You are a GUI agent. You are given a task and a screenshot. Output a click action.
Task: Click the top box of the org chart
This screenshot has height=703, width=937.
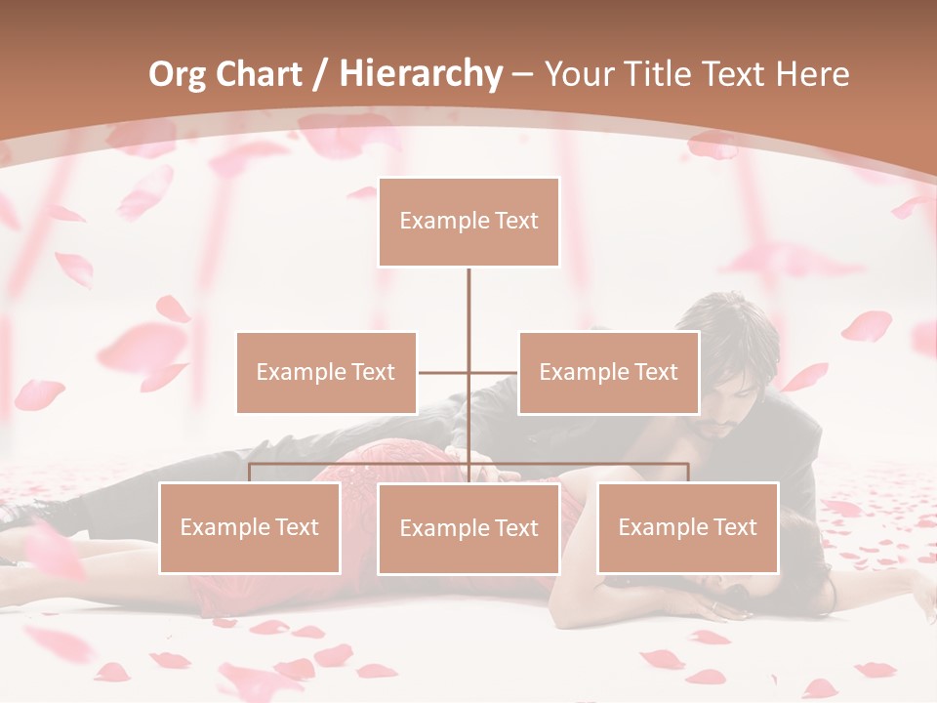(x=468, y=222)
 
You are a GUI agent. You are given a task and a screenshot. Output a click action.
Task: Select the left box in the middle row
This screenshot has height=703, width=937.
(x=326, y=372)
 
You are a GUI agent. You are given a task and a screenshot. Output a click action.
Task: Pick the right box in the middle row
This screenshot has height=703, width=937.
(x=608, y=372)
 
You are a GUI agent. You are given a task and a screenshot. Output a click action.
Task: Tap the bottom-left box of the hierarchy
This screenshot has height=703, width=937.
(x=249, y=528)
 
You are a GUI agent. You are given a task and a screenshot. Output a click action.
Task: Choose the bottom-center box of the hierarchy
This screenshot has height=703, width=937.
(x=468, y=528)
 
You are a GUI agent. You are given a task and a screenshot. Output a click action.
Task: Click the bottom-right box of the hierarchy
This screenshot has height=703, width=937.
(x=687, y=528)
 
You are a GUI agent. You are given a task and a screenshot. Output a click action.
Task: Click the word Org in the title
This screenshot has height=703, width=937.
(x=177, y=73)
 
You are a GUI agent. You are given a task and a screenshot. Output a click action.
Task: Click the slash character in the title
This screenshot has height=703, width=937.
(x=319, y=74)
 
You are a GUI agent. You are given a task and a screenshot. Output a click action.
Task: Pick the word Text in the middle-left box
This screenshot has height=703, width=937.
(x=372, y=372)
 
